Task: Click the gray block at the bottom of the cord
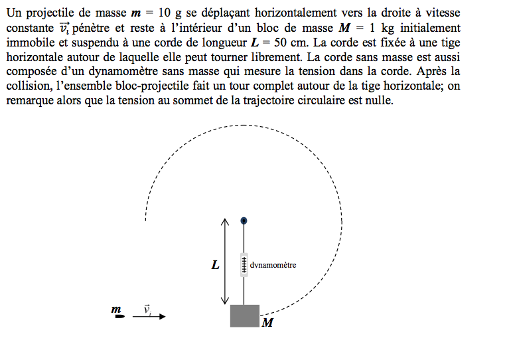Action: click(x=244, y=315)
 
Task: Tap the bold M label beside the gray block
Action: click(x=267, y=323)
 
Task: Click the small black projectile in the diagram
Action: click(x=119, y=317)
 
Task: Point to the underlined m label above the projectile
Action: click(x=117, y=310)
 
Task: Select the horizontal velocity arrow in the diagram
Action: click(x=149, y=317)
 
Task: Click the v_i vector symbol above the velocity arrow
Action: click(x=147, y=309)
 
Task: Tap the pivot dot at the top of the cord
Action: click(x=244, y=220)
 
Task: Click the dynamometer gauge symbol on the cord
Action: click(x=244, y=264)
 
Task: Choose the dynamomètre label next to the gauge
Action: click(x=273, y=265)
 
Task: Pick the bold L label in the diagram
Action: click(x=215, y=265)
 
